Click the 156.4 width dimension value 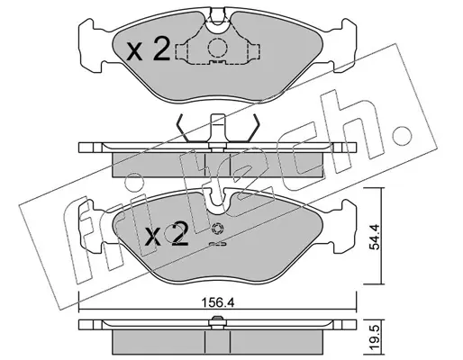[217, 302]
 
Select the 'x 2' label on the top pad [148, 50]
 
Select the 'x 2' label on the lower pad [166, 235]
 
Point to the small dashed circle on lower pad [217, 229]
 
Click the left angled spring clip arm [182, 128]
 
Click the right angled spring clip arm [253, 128]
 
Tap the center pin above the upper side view [218, 130]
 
